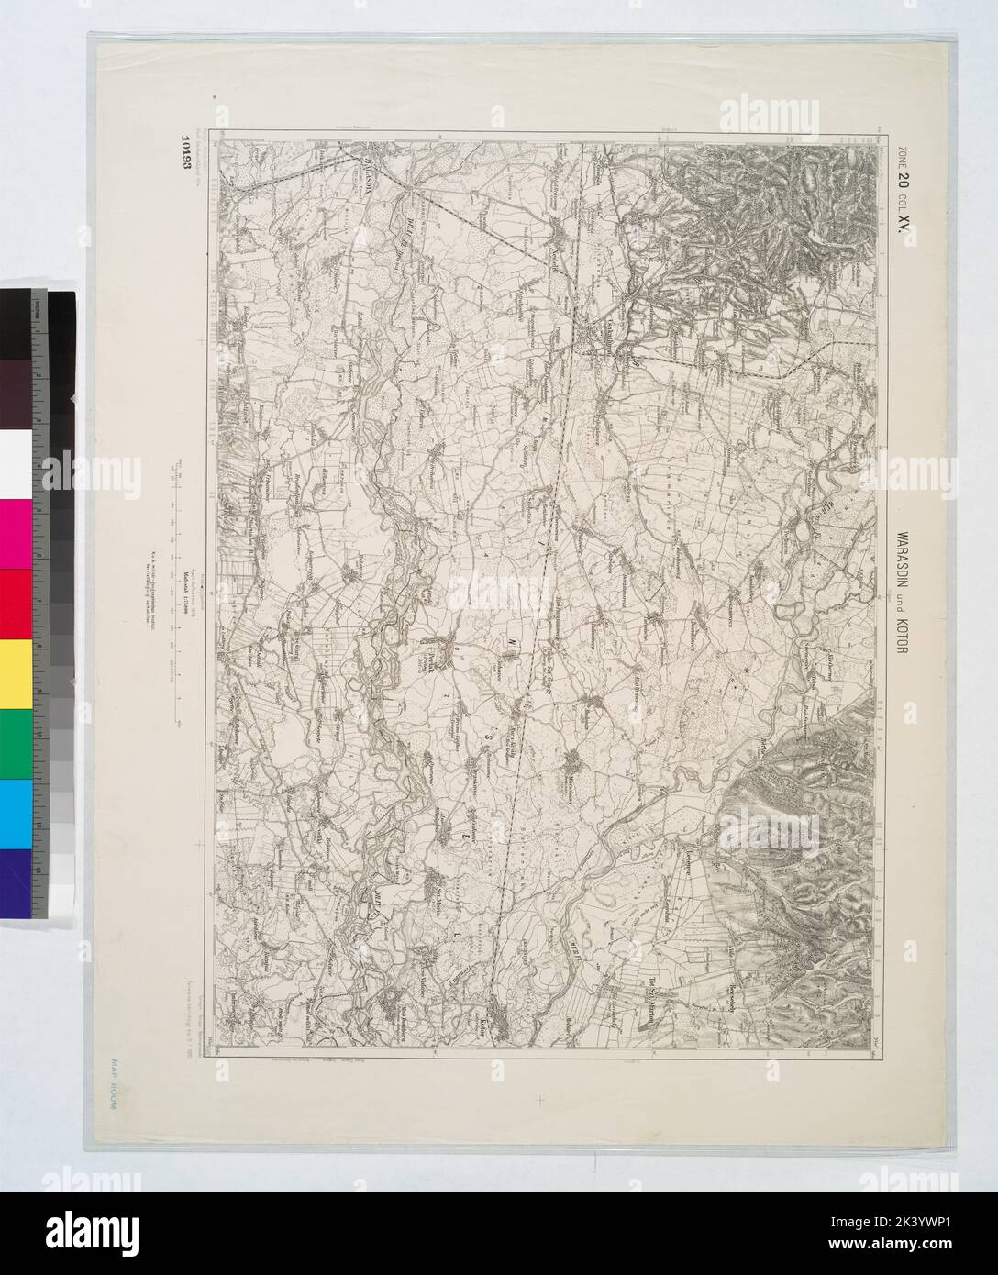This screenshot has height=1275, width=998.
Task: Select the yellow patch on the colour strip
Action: (x=17, y=675)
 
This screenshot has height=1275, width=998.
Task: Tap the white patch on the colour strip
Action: (x=17, y=463)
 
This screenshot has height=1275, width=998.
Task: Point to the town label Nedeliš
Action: (x=556, y=242)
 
